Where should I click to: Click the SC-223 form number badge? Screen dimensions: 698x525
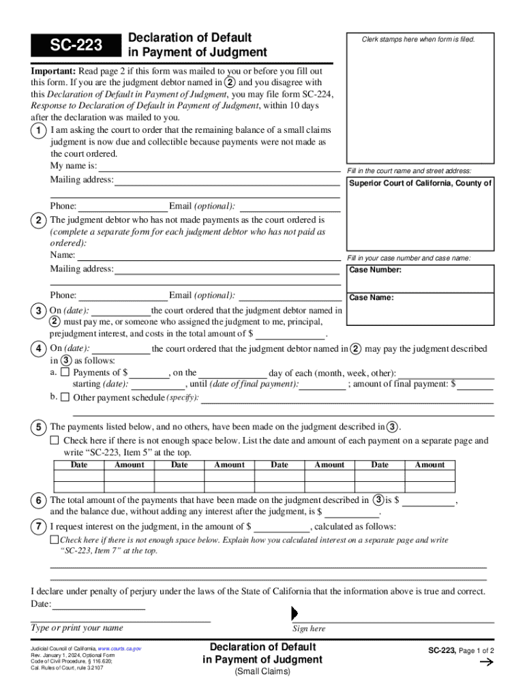coord(74,46)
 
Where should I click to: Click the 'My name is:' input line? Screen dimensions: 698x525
coord(220,166)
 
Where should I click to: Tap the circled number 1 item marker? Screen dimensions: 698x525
coord(40,130)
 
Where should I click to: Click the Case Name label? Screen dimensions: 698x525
coord(371,298)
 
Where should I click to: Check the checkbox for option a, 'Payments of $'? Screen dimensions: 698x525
coord(65,373)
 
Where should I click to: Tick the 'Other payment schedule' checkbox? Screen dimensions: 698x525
coord(65,397)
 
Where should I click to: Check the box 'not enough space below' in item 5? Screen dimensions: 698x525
coord(55,441)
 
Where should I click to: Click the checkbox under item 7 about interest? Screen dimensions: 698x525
coord(55,540)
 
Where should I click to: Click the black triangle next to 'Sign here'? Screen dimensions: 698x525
coord(295,613)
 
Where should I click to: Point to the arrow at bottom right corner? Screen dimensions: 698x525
coord(487,662)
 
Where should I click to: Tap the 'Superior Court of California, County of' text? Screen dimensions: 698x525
coord(420,183)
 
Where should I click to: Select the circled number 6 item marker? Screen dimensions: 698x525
coord(40,500)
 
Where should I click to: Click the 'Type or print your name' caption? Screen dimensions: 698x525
coord(77,628)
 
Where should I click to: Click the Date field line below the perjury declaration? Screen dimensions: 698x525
coord(98,605)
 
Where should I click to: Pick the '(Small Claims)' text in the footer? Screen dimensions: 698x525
coord(262,672)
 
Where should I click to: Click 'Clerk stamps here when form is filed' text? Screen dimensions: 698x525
coord(418,40)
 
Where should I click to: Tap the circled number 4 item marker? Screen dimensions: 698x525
coord(40,349)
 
